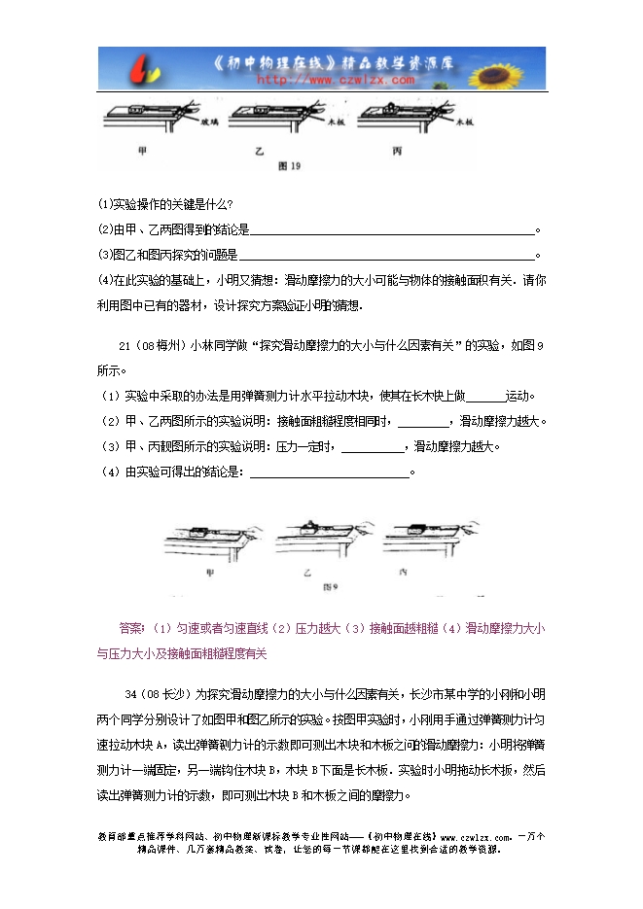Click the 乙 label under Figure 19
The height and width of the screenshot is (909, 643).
(260, 153)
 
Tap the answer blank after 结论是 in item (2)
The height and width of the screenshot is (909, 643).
(393, 230)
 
